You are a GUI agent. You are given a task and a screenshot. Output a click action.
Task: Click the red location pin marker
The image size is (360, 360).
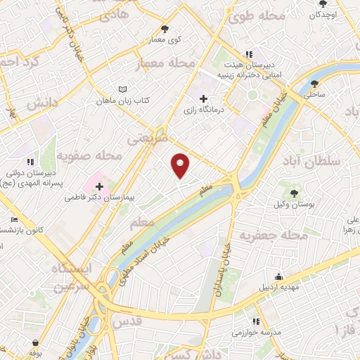click(181, 166)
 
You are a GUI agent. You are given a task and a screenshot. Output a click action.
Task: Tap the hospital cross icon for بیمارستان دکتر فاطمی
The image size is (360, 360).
click(99, 186)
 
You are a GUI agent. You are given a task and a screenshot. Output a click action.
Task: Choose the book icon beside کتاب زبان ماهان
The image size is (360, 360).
click(124, 90)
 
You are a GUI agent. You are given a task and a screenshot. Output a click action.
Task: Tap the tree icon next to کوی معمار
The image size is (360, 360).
click(165, 29)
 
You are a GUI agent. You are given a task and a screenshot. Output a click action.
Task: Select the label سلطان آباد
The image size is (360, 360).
click(312, 162)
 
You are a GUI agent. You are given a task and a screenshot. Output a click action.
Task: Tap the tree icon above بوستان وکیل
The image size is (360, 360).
click(294, 191)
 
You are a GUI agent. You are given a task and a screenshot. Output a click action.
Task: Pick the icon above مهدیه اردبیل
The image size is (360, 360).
click(279, 276)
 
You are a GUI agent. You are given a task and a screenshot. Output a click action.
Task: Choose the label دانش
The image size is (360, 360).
click(41, 104)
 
